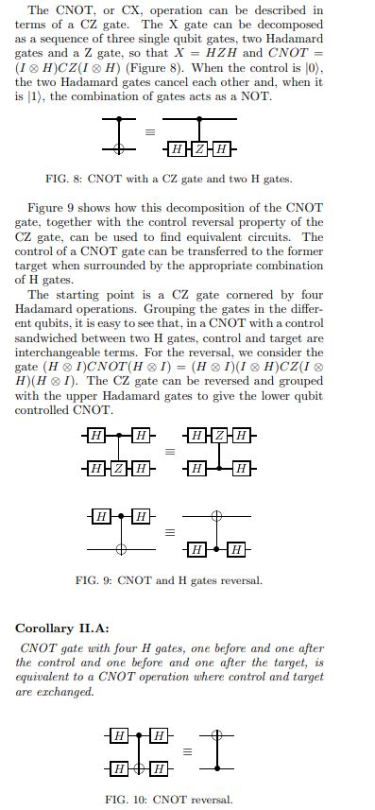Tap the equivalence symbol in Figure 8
coord(148,133)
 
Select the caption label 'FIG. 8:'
coord(63,179)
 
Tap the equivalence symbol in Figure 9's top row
coord(170,453)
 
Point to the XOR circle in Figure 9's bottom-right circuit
coord(216,516)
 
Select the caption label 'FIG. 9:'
coord(94,580)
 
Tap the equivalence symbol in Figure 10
coord(186,751)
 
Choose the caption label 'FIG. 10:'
coord(126,799)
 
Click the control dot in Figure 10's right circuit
coord(216,768)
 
